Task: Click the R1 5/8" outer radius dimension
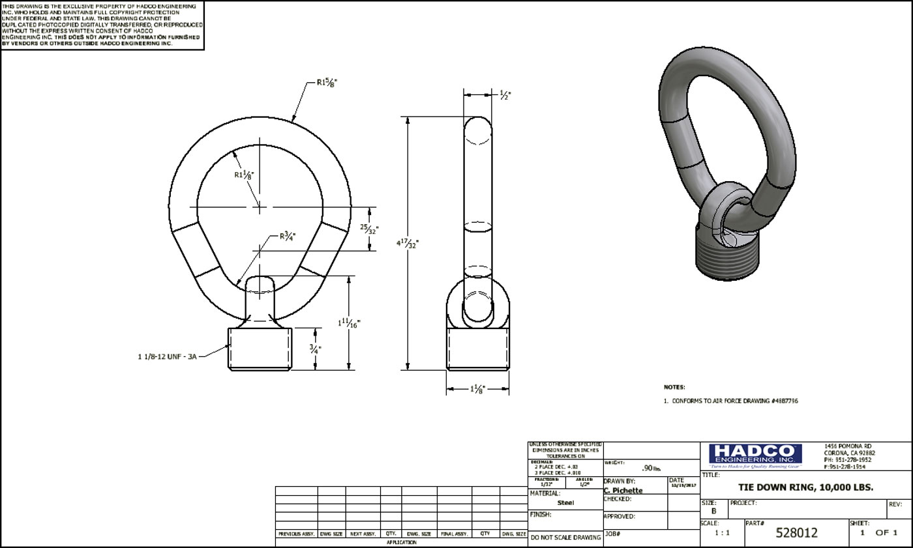(327, 82)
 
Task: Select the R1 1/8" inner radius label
(244, 175)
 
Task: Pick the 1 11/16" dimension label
(350, 323)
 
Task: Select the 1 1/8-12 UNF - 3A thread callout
(167, 357)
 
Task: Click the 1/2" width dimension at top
(505, 94)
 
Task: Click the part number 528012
(796, 533)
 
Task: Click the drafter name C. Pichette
(623, 490)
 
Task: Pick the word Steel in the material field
(565, 502)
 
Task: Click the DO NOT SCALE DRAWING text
(565, 538)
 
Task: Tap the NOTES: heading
(674, 387)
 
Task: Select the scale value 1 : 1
(722, 533)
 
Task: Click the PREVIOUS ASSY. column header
(296, 534)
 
